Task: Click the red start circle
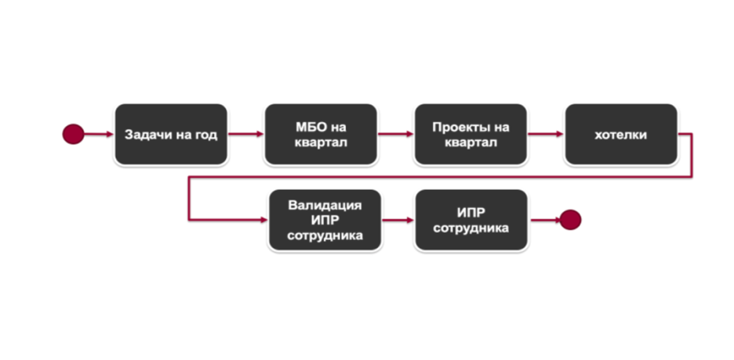click(x=73, y=134)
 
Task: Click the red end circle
click(x=570, y=220)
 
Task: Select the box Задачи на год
click(x=170, y=134)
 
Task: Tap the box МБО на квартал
click(x=320, y=134)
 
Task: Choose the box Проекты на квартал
click(x=470, y=134)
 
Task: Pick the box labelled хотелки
click(x=620, y=134)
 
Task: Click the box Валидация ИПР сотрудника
click(x=325, y=220)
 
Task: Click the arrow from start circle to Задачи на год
click(x=98, y=134)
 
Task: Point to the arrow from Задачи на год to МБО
click(x=245, y=134)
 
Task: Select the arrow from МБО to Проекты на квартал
click(x=395, y=134)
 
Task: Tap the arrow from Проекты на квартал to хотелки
click(x=545, y=134)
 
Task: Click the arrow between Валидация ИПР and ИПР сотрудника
click(x=398, y=220)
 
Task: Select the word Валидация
click(x=325, y=205)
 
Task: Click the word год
click(x=205, y=135)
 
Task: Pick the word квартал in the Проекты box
click(x=471, y=143)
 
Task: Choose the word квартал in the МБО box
click(x=321, y=143)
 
